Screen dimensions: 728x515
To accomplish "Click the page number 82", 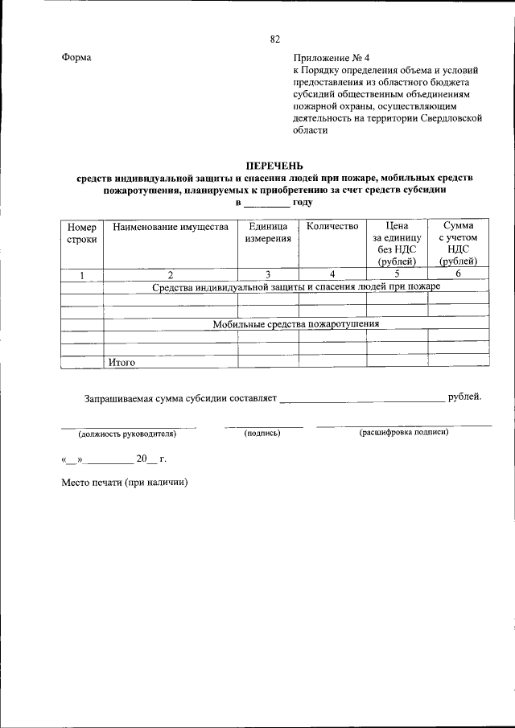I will (275, 39).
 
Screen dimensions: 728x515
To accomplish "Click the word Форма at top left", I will (76, 58).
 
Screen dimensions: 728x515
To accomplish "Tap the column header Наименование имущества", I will (170, 227).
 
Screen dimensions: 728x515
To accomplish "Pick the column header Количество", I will (332, 227).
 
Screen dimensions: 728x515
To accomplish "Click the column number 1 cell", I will (81, 275).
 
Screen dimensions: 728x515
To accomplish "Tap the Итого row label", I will (122, 363).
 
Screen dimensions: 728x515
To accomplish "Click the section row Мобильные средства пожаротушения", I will (295, 324).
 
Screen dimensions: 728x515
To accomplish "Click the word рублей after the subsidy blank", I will (465, 397).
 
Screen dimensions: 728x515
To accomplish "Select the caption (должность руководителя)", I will (127, 434).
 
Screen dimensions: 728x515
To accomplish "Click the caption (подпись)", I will (262, 434).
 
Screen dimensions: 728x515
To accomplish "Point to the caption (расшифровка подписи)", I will (403, 433).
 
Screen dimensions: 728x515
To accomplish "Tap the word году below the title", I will (303, 203).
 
